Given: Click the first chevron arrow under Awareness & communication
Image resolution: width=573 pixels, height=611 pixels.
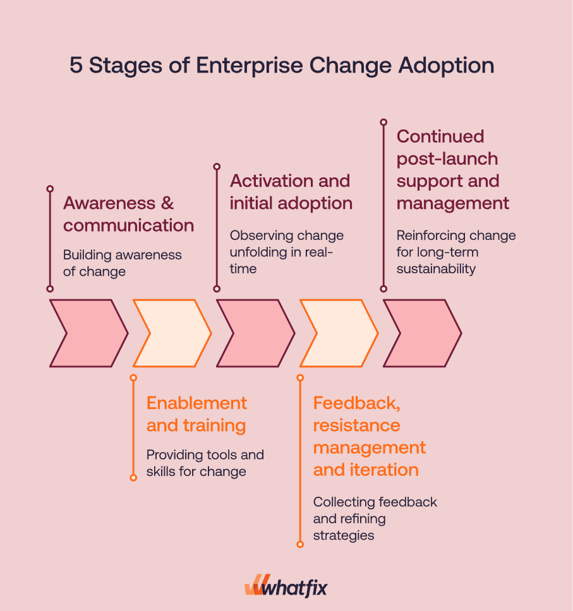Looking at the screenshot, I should pos(85,333).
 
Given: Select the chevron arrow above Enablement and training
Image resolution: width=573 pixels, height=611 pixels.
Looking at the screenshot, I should pos(169,333).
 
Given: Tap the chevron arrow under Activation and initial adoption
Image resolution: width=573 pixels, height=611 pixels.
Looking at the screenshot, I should pos(252,333).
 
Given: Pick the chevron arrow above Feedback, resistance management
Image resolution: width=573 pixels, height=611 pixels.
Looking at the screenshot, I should pos(335,333).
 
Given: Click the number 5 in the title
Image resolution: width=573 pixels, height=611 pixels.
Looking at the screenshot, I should pos(76,66).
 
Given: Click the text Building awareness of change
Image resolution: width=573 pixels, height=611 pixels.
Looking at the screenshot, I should pos(122,263).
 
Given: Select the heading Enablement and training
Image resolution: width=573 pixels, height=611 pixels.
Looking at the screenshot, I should pos(196,414).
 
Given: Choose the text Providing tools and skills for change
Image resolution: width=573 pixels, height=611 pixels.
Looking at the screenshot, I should pos(205,463).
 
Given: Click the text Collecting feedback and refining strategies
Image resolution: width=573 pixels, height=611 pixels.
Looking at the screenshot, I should pos(375,518).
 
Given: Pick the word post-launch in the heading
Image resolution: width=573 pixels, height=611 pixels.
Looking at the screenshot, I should pos(447,159).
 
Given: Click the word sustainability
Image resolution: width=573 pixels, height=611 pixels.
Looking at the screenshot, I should pos(436,269).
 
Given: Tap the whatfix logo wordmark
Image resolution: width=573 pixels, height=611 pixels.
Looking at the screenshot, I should pos(294,588).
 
